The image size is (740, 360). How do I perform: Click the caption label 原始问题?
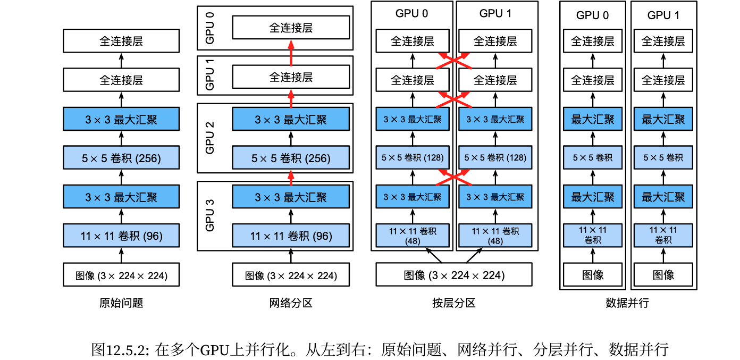click(121, 303)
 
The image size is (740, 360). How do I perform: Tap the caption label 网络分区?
click(291, 303)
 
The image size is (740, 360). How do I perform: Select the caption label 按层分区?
click(454, 303)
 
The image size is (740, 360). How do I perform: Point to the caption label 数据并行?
click(627, 303)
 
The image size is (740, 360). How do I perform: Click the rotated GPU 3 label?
click(210, 215)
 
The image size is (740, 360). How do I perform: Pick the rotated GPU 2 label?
click(210, 138)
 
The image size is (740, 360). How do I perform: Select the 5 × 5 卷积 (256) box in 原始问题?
click(121, 158)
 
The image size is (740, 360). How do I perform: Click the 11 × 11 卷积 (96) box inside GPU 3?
click(291, 236)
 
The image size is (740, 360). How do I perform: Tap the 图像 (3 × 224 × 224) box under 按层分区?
click(454, 274)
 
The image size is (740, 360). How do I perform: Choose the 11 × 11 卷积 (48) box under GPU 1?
click(495, 236)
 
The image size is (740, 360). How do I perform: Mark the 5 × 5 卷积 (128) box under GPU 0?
click(413, 158)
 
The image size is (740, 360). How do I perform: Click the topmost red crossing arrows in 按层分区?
click(454, 61)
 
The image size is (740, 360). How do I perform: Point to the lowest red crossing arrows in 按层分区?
click(454, 178)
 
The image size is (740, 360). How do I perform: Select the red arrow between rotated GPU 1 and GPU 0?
click(291, 53)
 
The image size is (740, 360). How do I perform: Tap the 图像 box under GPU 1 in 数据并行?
click(663, 274)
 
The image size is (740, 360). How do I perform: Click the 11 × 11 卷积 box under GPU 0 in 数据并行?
click(593, 236)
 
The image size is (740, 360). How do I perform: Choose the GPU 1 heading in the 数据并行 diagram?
click(663, 15)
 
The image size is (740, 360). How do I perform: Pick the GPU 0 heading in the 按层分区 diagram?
click(411, 13)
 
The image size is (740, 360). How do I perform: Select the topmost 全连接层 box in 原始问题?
click(121, 41)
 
